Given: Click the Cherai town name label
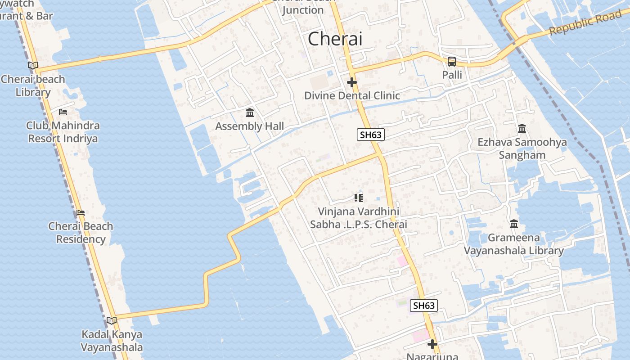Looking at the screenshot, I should [335, 39].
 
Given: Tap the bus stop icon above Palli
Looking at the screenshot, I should [451, 62].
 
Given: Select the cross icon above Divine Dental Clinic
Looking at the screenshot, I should [352, 82].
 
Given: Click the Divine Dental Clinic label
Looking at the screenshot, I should [352, 95].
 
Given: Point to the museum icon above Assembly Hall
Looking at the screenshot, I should [250, 112].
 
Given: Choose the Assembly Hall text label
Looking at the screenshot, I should [250, 126].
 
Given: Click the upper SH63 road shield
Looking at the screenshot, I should [371, 135].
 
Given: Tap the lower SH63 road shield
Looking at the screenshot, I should [424, 306].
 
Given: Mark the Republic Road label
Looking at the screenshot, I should [585, 23].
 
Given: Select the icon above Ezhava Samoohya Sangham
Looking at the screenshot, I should [522, 129].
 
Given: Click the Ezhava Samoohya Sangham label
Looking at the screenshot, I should [522, 148].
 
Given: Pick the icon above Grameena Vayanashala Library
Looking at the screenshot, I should [514, 224].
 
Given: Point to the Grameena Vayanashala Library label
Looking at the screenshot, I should [513, 244].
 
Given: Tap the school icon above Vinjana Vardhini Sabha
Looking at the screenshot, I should [359, 198].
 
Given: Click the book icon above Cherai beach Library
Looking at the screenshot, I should [33, 65].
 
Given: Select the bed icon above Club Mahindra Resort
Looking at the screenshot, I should [63, 112].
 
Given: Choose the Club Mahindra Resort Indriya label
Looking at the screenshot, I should [63, 132].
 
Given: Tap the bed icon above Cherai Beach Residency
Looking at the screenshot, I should [81, 212].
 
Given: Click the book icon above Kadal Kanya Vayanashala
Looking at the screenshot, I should [112, 320].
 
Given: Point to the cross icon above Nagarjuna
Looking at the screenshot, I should [432, 344].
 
